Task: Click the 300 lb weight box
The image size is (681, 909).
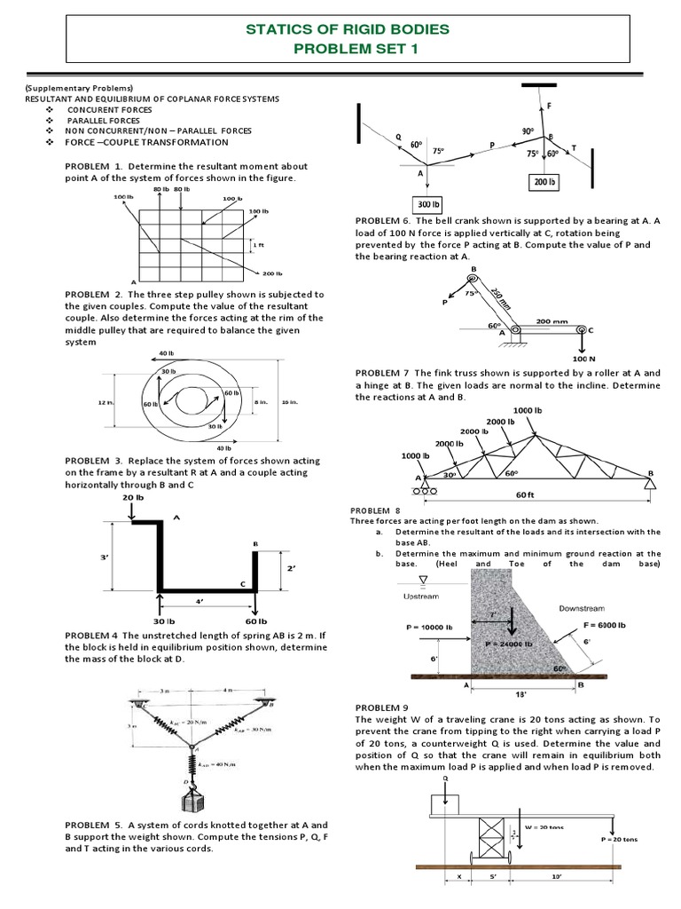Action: [x=428, y=200]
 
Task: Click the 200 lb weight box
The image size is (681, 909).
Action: [x=543, y=182]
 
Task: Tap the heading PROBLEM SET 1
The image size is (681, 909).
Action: [x=348, y=48]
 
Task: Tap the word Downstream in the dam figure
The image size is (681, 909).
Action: [x=582, y=608]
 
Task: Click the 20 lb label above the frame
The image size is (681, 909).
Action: [x=132, y=499]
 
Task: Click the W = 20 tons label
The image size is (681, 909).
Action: [x=549, y=827]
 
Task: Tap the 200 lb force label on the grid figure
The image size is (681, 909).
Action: [x=272, y=273]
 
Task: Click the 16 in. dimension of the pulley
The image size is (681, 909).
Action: [x=290, y=402]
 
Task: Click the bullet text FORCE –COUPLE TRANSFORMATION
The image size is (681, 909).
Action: [x=146, y=142]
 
